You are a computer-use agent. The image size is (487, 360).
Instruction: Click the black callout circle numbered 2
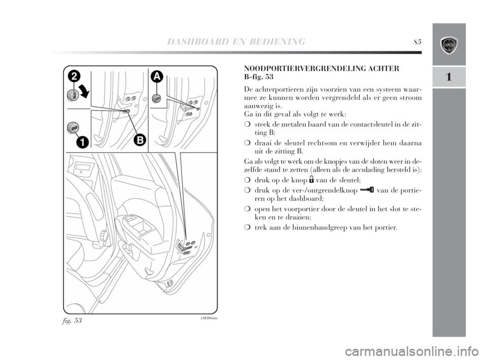point(74,77)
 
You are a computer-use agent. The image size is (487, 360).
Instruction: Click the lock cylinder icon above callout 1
point(75,127)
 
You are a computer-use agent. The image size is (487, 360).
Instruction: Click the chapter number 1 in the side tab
point(449,77)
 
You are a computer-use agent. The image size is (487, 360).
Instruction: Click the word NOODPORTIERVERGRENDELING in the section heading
point(304,68)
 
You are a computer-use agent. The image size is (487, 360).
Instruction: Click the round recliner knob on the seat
point(103,236)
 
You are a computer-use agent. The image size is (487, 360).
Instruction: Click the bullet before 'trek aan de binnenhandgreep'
point(247,228)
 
